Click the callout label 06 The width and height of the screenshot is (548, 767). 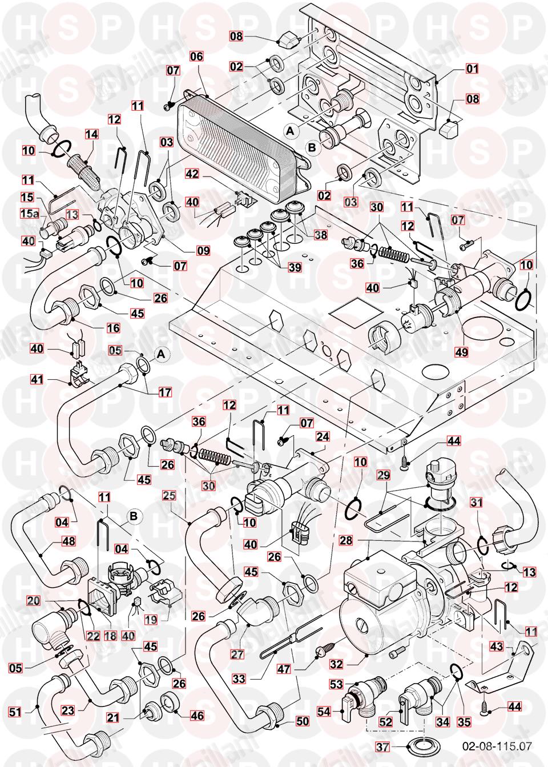[196, 57]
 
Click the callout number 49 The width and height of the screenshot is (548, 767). [461, 352]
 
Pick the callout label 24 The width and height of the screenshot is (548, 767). [323, 436]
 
